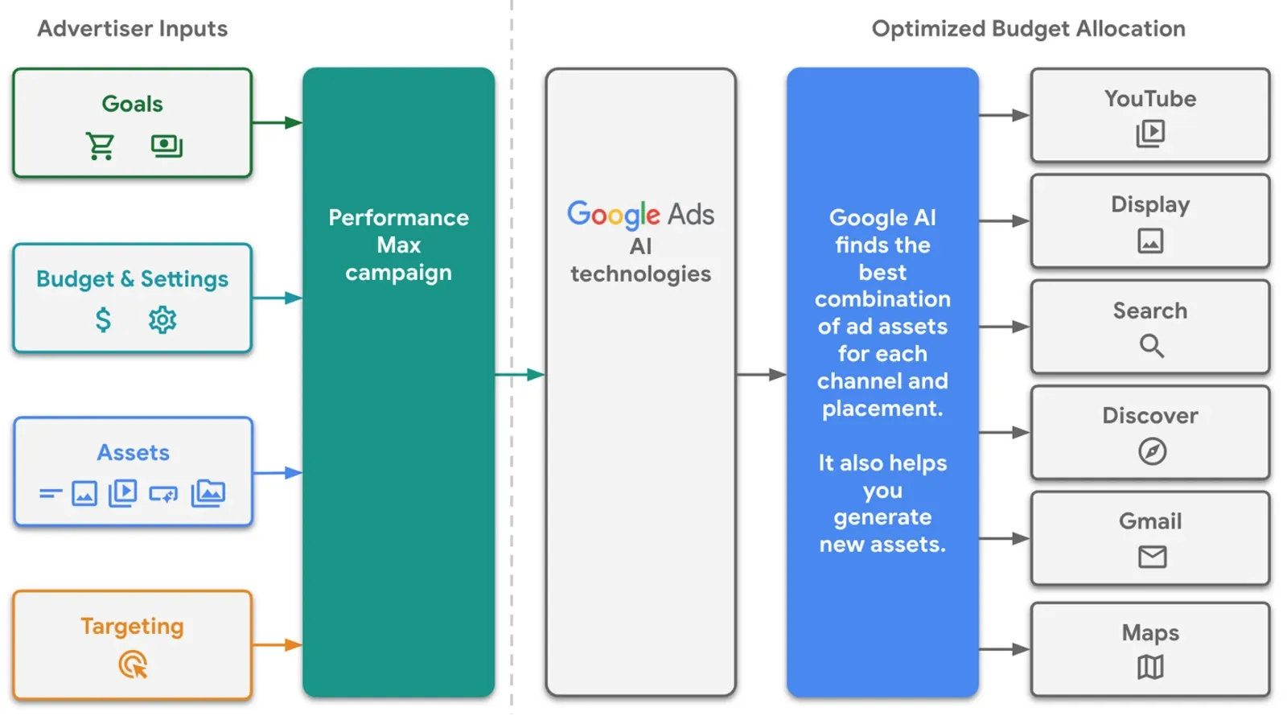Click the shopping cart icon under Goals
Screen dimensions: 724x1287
[x=101, y=146]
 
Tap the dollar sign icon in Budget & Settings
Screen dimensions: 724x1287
[x=103, y=319]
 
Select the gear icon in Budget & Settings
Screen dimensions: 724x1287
[x=162, y=319]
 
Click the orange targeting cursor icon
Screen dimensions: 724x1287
[x=134, y=665]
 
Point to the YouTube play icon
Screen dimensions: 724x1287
[x=1150, y=133]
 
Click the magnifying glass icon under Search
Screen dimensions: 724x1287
[x=1151, y=346]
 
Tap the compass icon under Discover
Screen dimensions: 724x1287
[x=1152, y=451]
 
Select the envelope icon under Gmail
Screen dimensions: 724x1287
[x=1152, y=557]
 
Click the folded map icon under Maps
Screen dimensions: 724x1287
[x=1150, y=667]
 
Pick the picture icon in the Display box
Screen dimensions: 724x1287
[x=1150, y=241]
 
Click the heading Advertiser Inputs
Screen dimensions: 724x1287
[x=133, y=29]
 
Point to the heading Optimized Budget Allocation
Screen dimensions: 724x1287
[x=1028, y=29]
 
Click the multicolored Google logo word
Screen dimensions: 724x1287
[x=613, y=214]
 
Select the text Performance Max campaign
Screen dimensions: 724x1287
[x=398, y=245]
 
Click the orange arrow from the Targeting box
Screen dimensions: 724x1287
[x=278, y=645]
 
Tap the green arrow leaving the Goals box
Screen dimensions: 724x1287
[x=278, y=123]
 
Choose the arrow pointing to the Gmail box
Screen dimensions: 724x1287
[x=1005, y=538]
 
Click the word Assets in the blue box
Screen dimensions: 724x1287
[x=134, y=453]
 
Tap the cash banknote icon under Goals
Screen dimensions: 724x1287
[x=167, y=146]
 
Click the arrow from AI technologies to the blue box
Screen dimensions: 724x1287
[x=761, y=375]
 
